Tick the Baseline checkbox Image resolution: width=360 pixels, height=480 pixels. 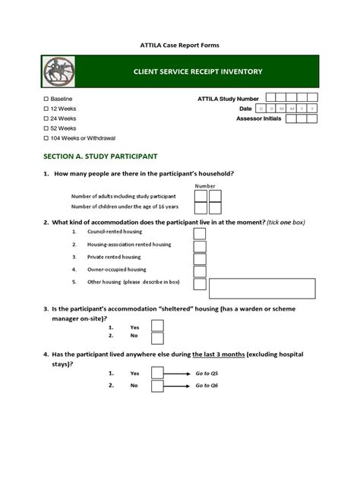(46, 99)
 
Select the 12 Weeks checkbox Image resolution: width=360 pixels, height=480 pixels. (46, 109)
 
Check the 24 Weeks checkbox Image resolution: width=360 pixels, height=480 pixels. (46, 119)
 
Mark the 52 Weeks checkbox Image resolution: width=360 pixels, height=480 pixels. (46, 129)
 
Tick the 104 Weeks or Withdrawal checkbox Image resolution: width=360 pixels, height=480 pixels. (46, 139)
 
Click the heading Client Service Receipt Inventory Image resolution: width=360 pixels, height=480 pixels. (187, 71)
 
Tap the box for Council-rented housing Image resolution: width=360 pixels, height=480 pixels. (199, 232)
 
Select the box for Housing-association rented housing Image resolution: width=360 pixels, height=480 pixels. (199, 245)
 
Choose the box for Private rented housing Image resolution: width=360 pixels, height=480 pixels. (199, 257)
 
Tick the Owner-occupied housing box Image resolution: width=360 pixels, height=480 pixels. (199, 270)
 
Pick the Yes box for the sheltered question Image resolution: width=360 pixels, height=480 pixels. (157, 326)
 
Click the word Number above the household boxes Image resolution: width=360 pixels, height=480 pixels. (205, 186)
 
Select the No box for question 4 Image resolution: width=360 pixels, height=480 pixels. (157, 387)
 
